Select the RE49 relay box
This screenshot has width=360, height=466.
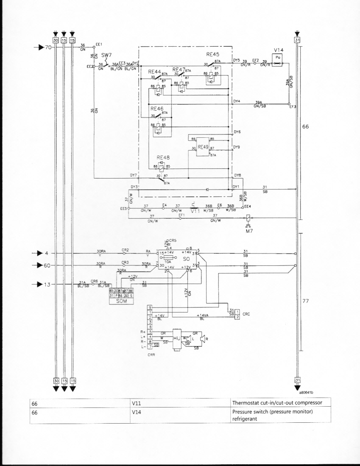click(x=203, y=146)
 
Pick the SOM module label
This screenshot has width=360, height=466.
click(x=122, y=300)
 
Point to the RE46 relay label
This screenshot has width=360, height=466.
click(x=157, y=109)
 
